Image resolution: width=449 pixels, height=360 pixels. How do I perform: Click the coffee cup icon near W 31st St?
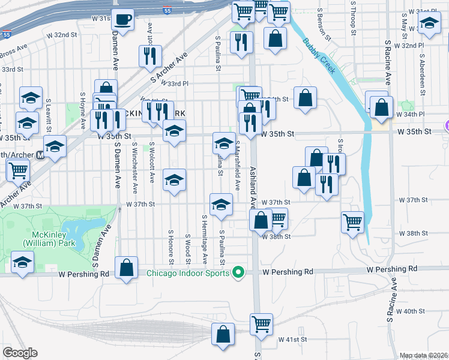[124, 19]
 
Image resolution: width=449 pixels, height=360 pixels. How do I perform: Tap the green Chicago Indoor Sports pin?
[238, 273]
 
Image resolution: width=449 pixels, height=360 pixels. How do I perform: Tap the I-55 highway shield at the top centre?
[167, 10]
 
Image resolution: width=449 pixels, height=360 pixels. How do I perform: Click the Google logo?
[20, 353]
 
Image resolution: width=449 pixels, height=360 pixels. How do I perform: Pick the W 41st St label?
[292, 340]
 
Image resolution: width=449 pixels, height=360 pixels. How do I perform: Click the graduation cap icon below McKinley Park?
[23, 262]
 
